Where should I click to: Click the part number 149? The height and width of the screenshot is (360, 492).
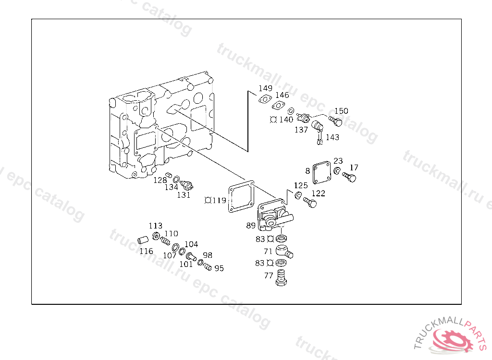[265, 88]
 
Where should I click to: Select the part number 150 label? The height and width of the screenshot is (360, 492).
[341, 111]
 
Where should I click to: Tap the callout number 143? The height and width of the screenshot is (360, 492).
[332, 137]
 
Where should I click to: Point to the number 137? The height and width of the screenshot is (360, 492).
[301, 130]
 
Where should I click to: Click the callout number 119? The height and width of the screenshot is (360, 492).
[219, 200]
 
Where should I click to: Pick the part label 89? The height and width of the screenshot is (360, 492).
[251, 226]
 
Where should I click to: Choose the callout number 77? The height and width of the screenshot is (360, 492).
[269, 276]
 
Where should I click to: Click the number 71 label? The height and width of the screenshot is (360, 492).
[268, 251]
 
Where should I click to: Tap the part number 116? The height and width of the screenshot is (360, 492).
[146, 251]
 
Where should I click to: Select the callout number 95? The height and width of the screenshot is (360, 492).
[219, 268]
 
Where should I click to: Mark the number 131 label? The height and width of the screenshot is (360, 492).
[184, 194]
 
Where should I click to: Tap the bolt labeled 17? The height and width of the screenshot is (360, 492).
[349, 179]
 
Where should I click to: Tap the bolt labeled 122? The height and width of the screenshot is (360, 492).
[310, 203]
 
